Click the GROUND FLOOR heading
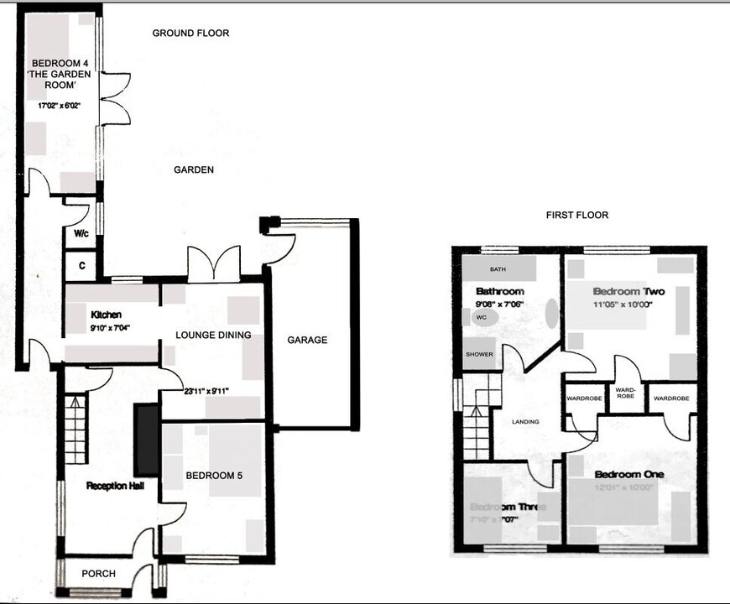(x=190, y=34)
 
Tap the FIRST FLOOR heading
(x=576, y=216)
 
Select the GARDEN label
(x=194, y=169)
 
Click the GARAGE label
(x=307, y=340)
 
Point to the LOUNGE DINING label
(x=213, y=336)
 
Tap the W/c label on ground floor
(x=81, y=234)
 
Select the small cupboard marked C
(x=81, y=266)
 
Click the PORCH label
(x=98, y=574)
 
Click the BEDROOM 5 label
(x=214, y=476)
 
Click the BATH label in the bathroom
(x=498, y=270)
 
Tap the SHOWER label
(x=479, y=354)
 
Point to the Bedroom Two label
(x=628, y=292)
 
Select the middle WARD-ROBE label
(x=626, y=393)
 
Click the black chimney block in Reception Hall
(x=147, y=440)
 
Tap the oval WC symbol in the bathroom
(x=482, y=318)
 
